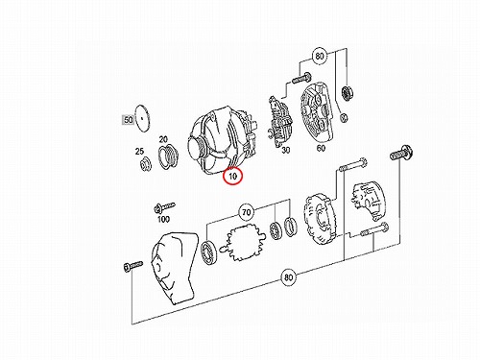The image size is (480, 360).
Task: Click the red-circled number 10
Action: (233, 176)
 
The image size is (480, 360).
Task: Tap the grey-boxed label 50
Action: (128, 120)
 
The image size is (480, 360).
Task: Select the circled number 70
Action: (246, 212)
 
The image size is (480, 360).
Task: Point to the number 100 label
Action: (163, 219)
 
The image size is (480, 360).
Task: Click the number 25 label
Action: (139, 151)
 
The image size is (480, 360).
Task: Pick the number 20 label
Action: (163, 139)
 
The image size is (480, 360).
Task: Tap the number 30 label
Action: (285, 150)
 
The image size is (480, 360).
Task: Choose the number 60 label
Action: (321, 148)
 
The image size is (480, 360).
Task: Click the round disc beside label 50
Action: (143, 118)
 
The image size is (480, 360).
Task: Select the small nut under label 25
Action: (146, 164)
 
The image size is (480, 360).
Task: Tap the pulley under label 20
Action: (168, 156)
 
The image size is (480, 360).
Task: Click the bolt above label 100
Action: (164, 207)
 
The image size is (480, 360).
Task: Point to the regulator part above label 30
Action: (278, 122)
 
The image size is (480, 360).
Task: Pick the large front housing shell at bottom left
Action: (174, 269)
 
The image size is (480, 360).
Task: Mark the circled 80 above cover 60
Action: (320, 57)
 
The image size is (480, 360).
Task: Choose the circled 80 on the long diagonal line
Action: (288, 277)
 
